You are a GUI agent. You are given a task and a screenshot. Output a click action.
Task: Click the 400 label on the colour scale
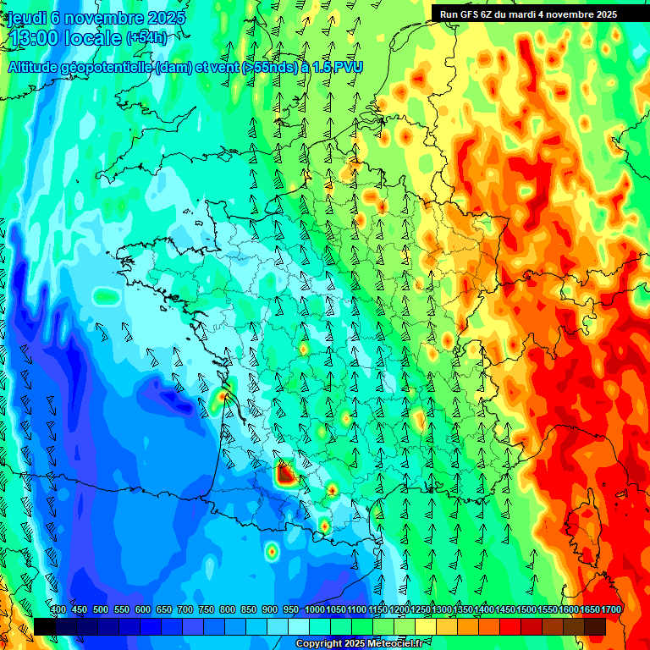(58, 609)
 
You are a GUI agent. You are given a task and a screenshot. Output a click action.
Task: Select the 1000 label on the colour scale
(315, 609)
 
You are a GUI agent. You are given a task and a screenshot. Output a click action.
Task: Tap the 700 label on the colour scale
(185, 609)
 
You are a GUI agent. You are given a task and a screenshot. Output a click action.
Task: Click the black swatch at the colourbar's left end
(45, 626)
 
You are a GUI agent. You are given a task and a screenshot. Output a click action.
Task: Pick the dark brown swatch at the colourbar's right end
(595, 626)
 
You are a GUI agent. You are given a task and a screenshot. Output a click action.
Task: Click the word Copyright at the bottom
(319, 644)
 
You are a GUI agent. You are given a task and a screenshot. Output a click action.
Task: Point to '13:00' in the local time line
(34, 37)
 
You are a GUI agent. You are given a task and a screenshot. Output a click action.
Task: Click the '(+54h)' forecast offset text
(146, 37)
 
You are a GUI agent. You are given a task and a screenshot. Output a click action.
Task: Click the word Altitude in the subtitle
(34, 67)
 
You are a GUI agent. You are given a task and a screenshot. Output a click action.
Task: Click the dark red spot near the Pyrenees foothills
(285, 475)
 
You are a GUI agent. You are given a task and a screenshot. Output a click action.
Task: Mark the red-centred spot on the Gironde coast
(223, 394)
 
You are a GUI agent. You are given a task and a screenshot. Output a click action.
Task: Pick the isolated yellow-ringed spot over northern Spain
(272, 552)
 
